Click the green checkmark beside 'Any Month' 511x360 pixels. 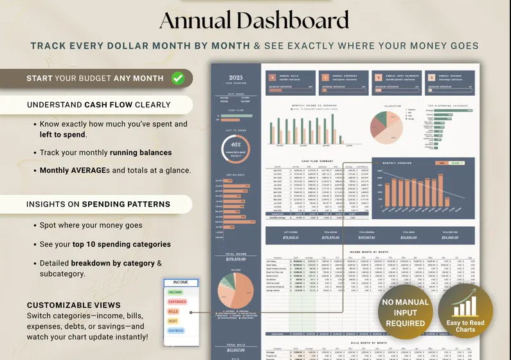pyautogui.click(x=178, y=78)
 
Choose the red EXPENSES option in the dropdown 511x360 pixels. pyautogui.click(x=177, y=301)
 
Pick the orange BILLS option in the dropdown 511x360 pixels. pyautogui.click(x=174, y=311)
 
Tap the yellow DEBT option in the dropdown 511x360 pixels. pyautogui.click(x=173, y=321)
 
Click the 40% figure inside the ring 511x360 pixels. pyautogui.click(x=236, y=144)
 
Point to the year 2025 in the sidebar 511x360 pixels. pyautogui.click(x=237, y=77)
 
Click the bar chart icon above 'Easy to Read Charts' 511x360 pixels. pyautogui.click(x=466, y=307)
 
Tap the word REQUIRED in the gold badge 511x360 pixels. pyautogui.click(x=406, y=323)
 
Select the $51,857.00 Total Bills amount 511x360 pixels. pyautogui.click(x=236, y=350)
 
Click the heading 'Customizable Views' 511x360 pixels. pyautogui.click(x=73, y=305)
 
